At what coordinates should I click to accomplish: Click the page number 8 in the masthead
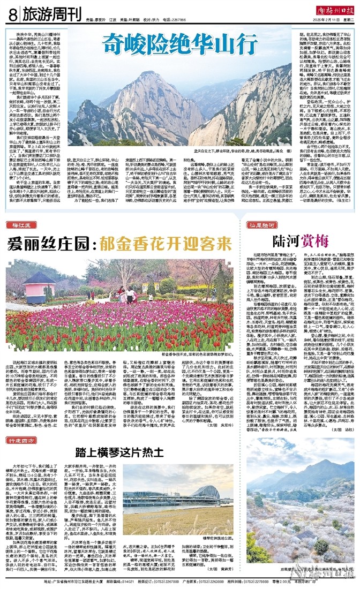coord(11,14)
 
